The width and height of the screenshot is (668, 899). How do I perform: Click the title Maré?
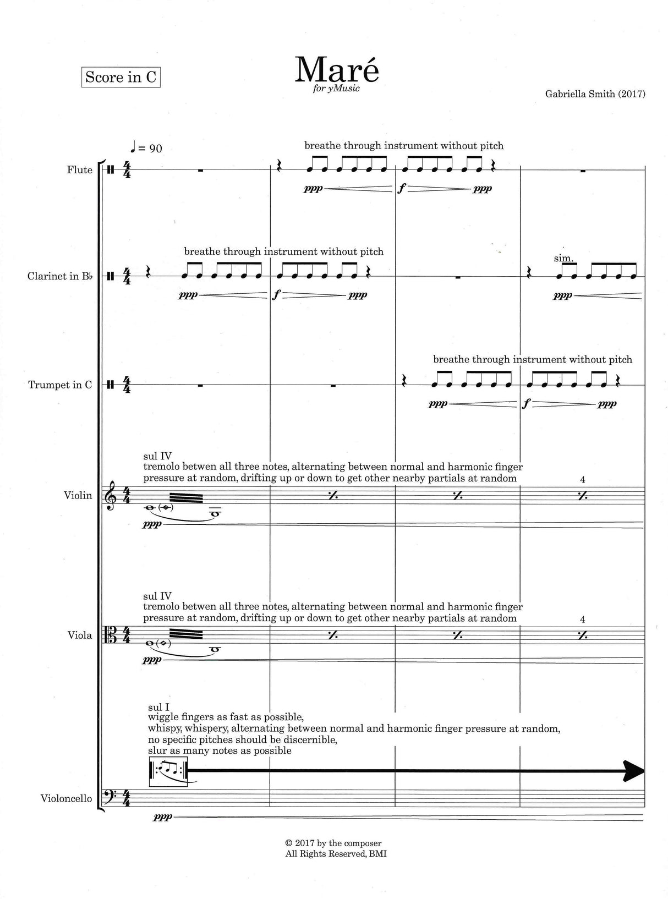click(337, 70)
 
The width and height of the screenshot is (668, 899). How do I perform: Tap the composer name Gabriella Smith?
click(594, 94)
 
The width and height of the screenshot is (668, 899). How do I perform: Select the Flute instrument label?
click(80, 169)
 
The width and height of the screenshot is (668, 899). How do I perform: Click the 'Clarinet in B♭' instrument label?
click(60, 276)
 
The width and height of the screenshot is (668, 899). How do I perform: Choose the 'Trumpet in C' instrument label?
click(60, 385)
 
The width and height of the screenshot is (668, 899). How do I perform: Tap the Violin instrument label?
click(78, 495)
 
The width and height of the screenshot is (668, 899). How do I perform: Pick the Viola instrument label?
click(80, 635)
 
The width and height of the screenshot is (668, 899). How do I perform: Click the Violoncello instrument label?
click(66, 798)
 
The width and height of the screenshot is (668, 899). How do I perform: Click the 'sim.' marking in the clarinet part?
click(565, 258)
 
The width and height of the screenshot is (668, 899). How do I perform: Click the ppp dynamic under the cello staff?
click(165, 818)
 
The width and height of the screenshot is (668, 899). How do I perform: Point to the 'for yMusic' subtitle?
click(337, 89)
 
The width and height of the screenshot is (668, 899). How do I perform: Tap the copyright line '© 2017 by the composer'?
click(333, 843)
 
